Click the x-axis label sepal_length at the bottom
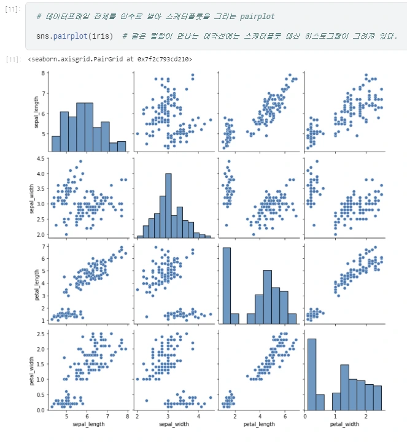[88, 423]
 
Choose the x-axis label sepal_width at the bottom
[174, 423]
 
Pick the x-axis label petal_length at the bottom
[258, 423]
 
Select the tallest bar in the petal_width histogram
[311, 374]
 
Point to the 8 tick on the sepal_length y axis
[41, 73]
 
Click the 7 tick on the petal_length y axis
[41, 245]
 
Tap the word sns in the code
[42, 36]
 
